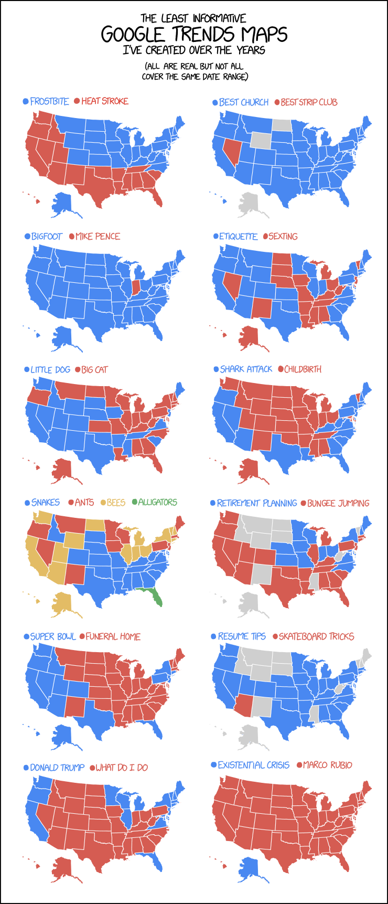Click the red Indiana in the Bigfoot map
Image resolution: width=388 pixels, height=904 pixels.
pos(136,287)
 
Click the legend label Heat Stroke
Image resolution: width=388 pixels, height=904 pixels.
pos(104,101)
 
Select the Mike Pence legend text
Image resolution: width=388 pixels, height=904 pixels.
pos(98,237)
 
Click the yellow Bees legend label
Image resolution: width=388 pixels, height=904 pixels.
pos(116,503)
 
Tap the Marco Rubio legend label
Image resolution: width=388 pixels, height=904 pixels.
pos(327,765)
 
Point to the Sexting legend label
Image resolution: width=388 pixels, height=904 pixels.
pos(283,237)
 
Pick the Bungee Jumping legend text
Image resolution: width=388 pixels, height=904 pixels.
pos(338,503)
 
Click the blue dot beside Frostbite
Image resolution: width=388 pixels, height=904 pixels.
pos(25,101)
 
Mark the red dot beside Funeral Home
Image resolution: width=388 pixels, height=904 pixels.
pos(81,636)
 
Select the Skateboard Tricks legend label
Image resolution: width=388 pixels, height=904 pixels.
pos(316,636)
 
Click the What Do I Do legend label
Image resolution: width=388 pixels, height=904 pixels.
pos(122,768)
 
